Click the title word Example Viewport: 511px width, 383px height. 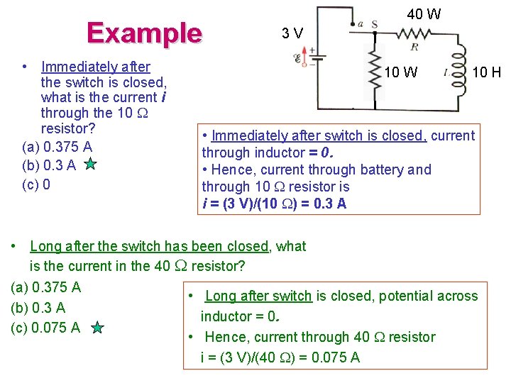[144, 33]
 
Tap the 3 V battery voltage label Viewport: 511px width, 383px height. [292, 33]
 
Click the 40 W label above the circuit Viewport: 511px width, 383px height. [424, 13]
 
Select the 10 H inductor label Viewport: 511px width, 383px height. [487, 72]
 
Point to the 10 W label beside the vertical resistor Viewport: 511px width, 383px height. [401, 72]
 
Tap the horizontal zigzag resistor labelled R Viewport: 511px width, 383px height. [413, 33]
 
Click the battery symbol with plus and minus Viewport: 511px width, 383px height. [312, 57]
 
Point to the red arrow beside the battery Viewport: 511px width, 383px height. [306, 55]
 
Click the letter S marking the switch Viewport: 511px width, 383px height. [374, 24]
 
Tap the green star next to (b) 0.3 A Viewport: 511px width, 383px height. [90, 165]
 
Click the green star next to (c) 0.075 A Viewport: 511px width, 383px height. [98, 328]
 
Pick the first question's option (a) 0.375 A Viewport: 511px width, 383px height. [57, 147]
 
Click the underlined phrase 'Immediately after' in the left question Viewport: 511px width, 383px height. [96, 67]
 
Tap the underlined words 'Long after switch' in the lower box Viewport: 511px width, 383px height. [258, 296]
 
